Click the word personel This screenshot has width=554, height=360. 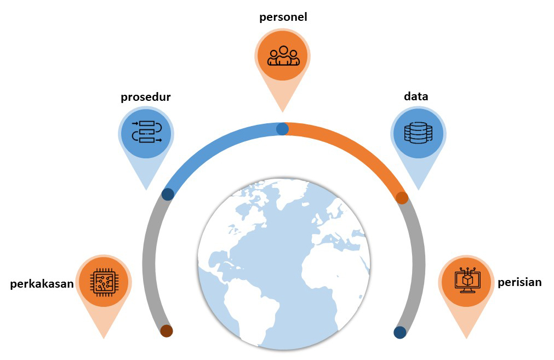pyautogui.click(x=283, y=17)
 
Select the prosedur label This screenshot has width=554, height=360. pyautogui.click(x=146, y=98)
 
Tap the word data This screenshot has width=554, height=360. pyautogui.click(x=416, y=96)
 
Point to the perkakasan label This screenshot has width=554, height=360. pyautogui.click(x=42, y=284)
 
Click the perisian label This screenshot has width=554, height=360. pyautogui.click(x=519, y=282)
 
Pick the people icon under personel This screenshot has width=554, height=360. pyautogui.click(x=283, y=55)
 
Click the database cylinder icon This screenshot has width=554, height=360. pyautogui.click(x=418, y=133)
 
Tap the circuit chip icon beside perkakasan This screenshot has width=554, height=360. pyautogui.click(x=104, y=282)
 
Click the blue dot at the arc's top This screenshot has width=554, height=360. pyautogui.click(x=282, y=129)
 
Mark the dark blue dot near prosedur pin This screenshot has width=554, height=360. pyautogui.click(x=168, y=194)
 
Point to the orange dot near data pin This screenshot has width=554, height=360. pyautogui.click(x=402, y=198)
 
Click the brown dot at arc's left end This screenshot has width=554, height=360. pyautogui.click(x=166, y=331)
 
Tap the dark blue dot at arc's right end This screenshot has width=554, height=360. pyautogui.click(x=400, y=333)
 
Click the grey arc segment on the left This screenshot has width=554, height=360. pyautogui.click(x=149, y=263)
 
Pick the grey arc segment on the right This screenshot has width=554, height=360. pyautogui.click(x=418, y=263)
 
